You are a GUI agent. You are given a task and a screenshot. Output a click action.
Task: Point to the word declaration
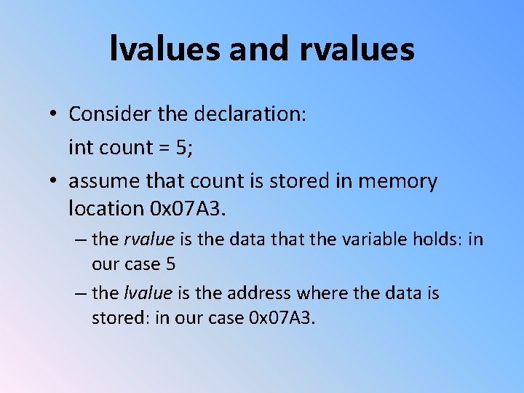click(259, 114)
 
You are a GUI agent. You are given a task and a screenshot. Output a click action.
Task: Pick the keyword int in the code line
click(80, 147)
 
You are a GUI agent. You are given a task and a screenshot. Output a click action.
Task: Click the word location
click(106, 209)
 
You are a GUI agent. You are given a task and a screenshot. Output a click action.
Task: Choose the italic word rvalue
click(149, 240)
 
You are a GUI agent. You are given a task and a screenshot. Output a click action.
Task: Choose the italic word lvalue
click(148, 293)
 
